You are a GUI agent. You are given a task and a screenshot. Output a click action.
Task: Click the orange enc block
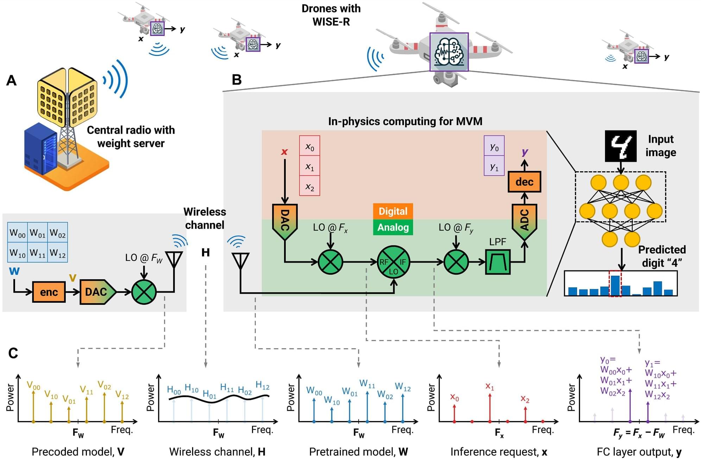coord(49,292)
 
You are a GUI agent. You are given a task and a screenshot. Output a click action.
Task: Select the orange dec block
coord(524,182)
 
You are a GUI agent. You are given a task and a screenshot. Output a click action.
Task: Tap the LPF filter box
coord(498,262)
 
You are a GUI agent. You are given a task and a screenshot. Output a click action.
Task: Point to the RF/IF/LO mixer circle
coord(393,262)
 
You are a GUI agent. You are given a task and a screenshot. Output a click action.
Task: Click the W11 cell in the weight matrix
coord(38,253)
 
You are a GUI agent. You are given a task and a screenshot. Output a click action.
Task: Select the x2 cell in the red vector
coord(309,186)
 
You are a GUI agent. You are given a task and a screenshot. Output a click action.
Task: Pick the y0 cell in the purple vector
coord(494,146)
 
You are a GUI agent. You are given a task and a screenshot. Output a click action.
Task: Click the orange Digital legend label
coord(393,211)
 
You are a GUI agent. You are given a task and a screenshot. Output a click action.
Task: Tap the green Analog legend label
coord(393,228)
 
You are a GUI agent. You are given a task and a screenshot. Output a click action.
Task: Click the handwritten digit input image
coord(620,146)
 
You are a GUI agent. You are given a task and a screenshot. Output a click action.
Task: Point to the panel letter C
coord(13,353)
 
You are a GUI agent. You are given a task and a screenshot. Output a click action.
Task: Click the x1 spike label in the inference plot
coord(490,386)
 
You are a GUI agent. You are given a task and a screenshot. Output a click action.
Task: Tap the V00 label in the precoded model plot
coord(33,386)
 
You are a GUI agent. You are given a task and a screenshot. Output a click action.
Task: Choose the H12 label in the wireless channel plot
coord(263,385)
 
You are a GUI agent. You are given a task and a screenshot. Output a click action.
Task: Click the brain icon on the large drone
coord(449,52)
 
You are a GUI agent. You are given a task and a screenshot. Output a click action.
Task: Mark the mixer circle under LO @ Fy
coord(456,262)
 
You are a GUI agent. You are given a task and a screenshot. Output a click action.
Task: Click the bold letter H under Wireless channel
coord(206,253)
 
